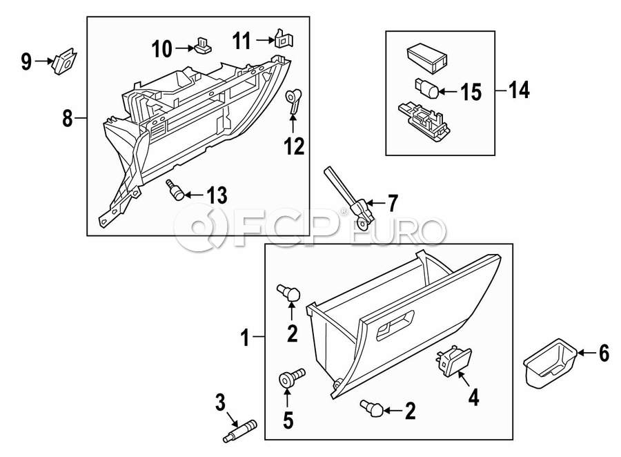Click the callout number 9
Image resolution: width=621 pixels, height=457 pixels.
(x=26, y=63)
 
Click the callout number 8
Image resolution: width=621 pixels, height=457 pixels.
(x=67, y=119)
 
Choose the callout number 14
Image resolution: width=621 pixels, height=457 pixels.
(x=519, y=90)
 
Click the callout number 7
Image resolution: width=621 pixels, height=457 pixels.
(x=392, y=204)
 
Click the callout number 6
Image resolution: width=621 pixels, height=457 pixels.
(x=604, y=354)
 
